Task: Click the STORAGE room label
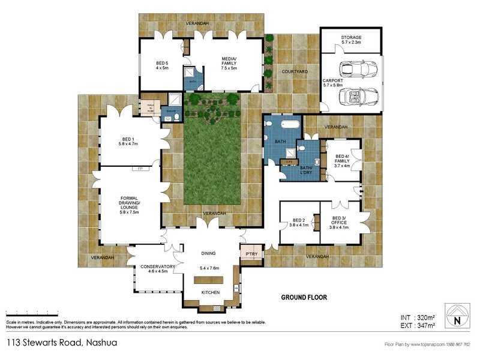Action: pos(351,37)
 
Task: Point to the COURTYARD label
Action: pos(295,71)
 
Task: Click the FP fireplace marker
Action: pos(140,169)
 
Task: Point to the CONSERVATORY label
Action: pos(157,267)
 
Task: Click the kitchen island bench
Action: pos(208,280)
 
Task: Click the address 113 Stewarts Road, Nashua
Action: pos(61,343)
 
